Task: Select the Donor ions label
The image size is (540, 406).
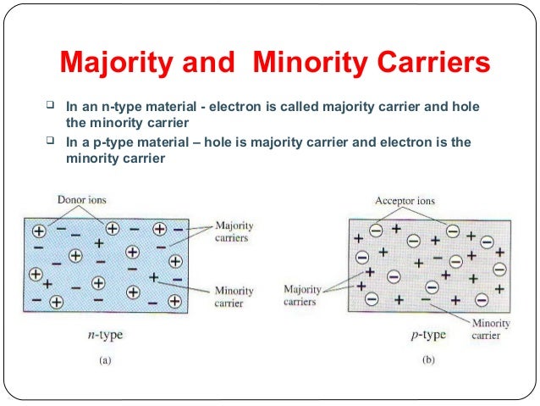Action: (82, 201)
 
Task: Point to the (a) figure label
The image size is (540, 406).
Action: (105, 360)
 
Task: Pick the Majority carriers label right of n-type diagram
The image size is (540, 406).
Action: (232, 232)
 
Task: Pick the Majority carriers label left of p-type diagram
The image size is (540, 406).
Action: (302, 295)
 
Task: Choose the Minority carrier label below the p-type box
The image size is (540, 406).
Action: (491, 329)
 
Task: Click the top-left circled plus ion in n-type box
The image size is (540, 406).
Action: (39, 230)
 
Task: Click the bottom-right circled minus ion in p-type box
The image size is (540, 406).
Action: (482, 298)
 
